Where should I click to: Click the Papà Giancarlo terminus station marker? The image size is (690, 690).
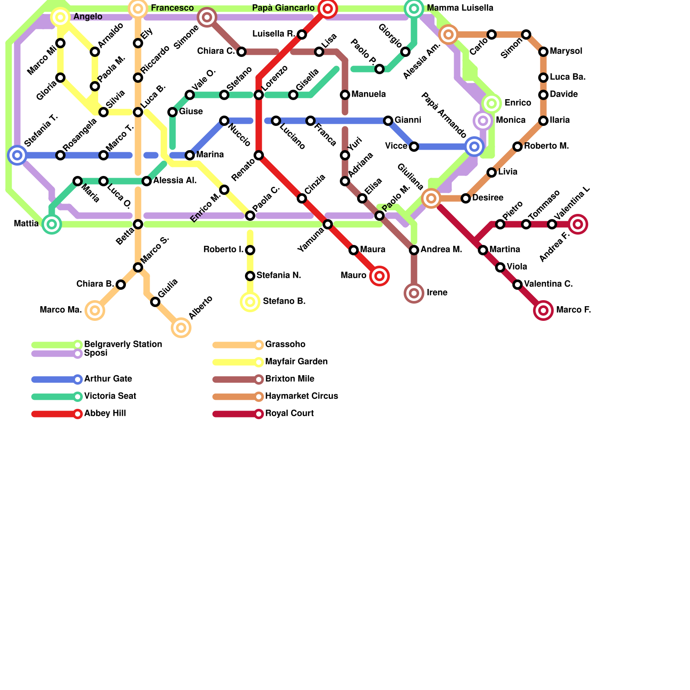[x=327, y=8]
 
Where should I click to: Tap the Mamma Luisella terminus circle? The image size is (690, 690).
[x=414, y=8]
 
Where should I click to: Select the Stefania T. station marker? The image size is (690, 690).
[x=17, y=155]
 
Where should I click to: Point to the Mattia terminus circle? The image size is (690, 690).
[x=52, y=224]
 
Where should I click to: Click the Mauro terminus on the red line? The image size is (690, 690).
[x=379, y=276]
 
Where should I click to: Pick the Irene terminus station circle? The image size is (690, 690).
[x=414, y=293]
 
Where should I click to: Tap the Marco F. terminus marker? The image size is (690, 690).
[x=543, y=310]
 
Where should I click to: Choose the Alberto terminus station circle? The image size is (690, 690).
[x=181, y=328]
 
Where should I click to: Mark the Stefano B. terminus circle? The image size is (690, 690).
[x=250, y=302]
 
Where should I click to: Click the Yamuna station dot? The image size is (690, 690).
[x=328, y=224]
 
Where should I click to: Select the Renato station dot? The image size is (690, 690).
[x=259, y=155]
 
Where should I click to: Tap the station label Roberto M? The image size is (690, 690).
[x=546, y=146]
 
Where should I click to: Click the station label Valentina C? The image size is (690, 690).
[x=548, y=284]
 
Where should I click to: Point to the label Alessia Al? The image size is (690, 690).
[x=175, y=181]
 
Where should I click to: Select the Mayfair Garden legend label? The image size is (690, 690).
[x=296, y=362]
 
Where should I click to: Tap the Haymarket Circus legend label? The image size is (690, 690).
[x=301, y=396]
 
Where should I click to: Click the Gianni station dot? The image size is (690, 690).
[x=388, y=121]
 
